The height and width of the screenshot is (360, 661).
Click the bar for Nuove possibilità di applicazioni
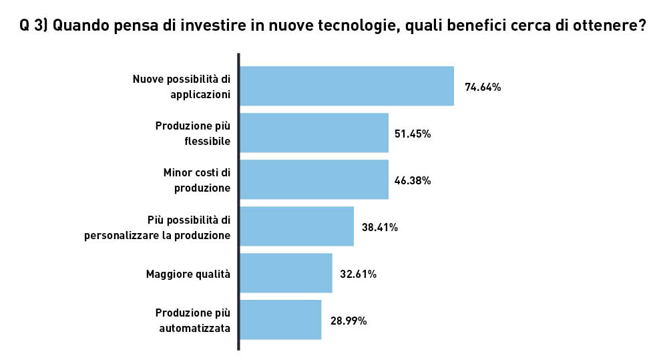coord(347,86)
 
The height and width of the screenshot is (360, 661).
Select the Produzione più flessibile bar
coord(314,133)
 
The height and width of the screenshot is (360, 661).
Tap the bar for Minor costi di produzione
coord(314,180)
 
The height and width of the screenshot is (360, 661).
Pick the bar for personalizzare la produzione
coord(296,226)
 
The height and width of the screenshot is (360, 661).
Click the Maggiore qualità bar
coord(286,273)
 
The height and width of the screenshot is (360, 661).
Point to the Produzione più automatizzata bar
coord(280,320)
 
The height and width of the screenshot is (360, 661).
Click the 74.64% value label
coord(483,87)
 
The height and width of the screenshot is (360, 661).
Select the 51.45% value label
coord(413,134)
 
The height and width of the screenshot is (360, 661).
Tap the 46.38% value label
coord(413,180)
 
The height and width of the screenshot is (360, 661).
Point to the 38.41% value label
coord(380,227)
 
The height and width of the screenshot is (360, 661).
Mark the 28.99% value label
coord(349,321)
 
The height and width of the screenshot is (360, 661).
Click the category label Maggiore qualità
coord(188,274)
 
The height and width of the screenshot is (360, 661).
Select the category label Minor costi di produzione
coord(197,180)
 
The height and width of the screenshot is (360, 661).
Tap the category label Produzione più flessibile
coord(193,133)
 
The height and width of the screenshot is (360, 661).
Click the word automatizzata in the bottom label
coord(195,328)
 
